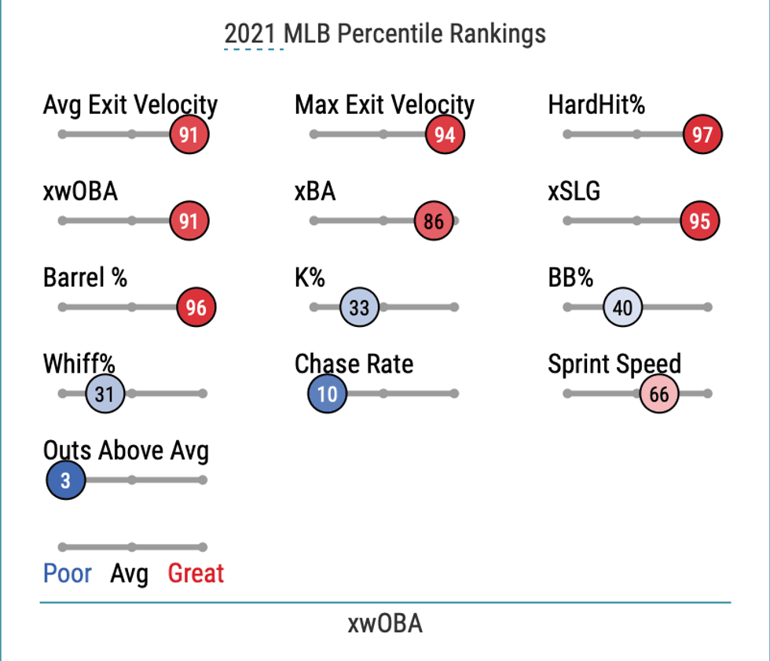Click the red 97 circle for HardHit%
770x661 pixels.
coord(702,134)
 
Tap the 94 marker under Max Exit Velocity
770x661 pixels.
coord(445,134)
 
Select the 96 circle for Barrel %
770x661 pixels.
coord(196,307)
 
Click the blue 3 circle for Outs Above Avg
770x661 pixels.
coord(66,479)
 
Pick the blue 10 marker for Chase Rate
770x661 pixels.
coord(328,394)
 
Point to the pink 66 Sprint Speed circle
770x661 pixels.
coord(659,394)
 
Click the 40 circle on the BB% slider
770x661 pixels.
coord(622,307)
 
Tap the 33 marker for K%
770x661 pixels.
coord(359,307)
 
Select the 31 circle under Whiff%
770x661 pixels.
coord(104,394)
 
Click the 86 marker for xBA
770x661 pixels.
coord(434,221)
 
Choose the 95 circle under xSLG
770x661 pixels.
coord(699,221)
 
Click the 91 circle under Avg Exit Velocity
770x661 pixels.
coord(189,134)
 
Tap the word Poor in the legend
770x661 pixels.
coord(68,574)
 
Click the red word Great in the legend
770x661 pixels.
coord(196,574)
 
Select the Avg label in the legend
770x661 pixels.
coord(129,575)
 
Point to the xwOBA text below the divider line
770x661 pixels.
coord(385,624)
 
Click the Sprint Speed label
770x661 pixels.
coord(614,364)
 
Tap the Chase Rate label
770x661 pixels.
coord(354,364)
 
